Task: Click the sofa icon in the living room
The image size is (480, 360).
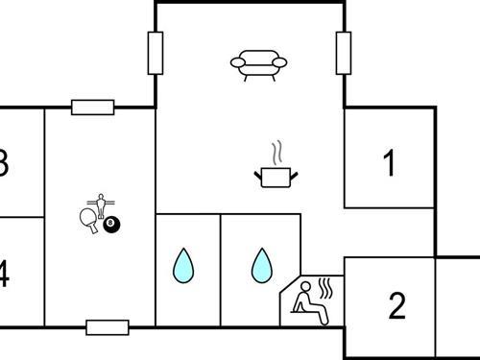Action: pyautogui.click(x=259, y=63)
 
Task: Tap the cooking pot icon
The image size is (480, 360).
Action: pyautogui.click(x=276, y=177)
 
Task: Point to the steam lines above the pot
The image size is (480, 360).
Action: pyautogui.click(x=276, y=154)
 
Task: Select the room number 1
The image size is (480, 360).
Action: pyautogui.click(x=389, y=164)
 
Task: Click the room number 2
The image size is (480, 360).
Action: pyautogui.click(x=397, y=306)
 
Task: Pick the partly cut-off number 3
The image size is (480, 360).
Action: pyautogui.click(x=4, y=163)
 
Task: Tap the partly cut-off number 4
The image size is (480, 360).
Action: pyautogui.click(x=4, y=276)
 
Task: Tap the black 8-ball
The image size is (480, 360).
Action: pyautogui.click(x=112, y=225)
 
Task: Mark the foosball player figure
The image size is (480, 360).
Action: pyautogui.click(x=100, y=204)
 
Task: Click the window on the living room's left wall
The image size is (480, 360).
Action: pyautogui.click(x=156, y=54)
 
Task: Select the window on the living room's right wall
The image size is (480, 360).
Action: pyautogui.click(x=343, y=54)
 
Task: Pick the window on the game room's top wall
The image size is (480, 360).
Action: pyautogui.click(x=93, y=108)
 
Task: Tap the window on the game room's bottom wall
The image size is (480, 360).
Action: pyautogui.click(x=107, y=327)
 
